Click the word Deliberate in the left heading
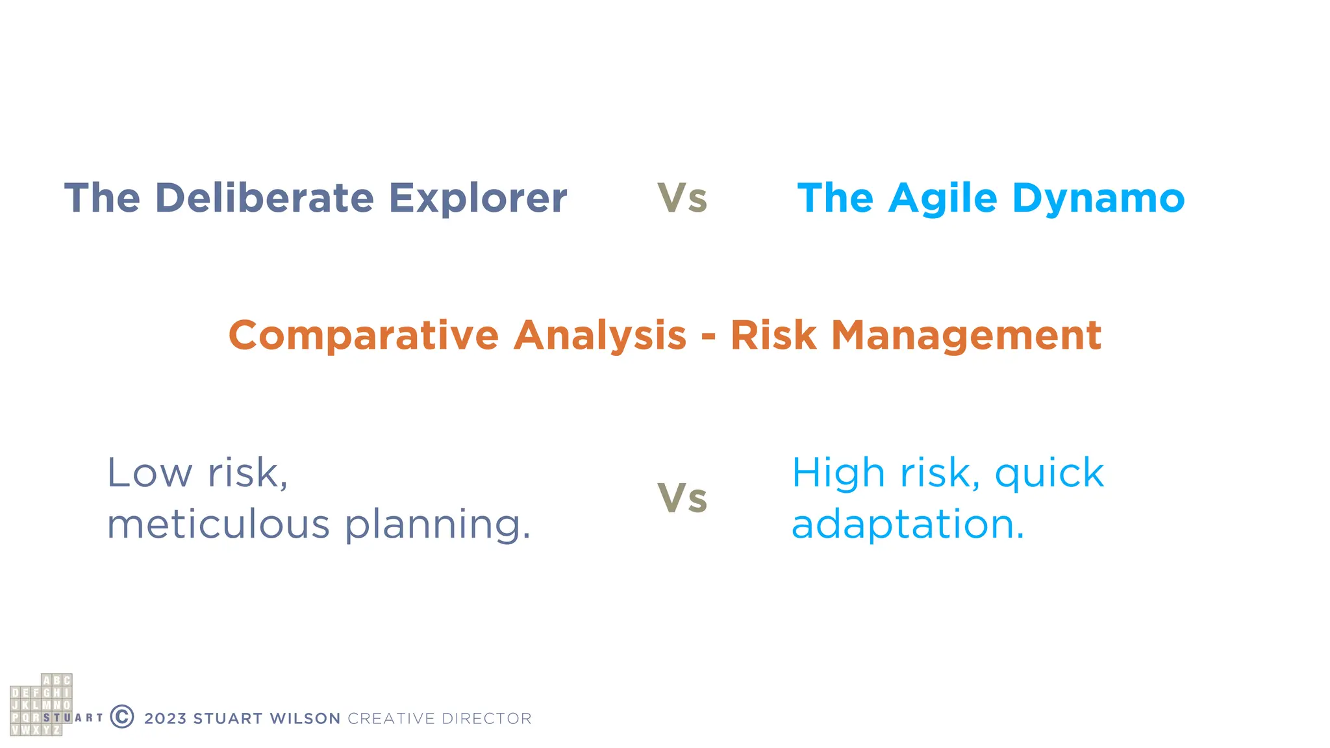point(264,198)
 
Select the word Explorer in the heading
point(477,198)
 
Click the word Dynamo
point(1098,198)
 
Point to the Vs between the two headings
point(682,198)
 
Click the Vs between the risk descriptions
point(682,499)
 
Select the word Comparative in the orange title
point(364,336)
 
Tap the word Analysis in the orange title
point(599,336)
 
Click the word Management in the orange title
point(966,336)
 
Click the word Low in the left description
point(149,473)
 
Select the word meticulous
point(219,524)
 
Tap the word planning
point(437,525)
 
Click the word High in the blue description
point(838,473)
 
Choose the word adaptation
point(907,525)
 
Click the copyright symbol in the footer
point(122,717)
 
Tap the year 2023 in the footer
point(165,719)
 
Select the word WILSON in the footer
point(305,719)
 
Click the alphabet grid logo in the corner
point(41,704)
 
